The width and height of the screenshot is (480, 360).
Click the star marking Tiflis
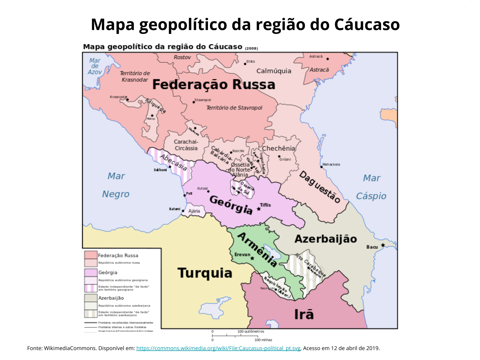coord(259,209)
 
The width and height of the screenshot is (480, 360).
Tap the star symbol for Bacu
coord(383,245)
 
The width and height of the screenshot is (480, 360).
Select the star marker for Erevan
coord(252,258)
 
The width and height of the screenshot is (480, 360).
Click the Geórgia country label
coord(231,205)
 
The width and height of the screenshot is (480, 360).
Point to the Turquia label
coord(205,273)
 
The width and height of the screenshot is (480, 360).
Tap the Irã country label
coord(304,314)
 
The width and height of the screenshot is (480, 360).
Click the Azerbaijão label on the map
coord(325,239)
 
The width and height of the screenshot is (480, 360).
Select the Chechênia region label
coord(278,148)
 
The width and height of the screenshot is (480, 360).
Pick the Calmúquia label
coord(274,71)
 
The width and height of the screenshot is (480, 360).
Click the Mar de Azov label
coord(95,66)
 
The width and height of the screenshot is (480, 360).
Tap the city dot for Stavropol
coord(194,102)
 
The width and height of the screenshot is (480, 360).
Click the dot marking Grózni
coord(279,156)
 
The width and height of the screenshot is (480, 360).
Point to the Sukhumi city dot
coord(170,167)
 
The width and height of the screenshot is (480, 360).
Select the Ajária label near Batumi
coord(194,211)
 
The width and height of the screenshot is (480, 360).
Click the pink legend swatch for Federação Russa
coord(91,255)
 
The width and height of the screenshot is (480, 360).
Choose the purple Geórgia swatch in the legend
coord(91,272)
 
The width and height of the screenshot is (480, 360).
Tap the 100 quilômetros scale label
coord(251,331)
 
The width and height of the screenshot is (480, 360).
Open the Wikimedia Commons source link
coord(218,348)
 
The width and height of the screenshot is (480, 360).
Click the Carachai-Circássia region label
coord(186,145)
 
